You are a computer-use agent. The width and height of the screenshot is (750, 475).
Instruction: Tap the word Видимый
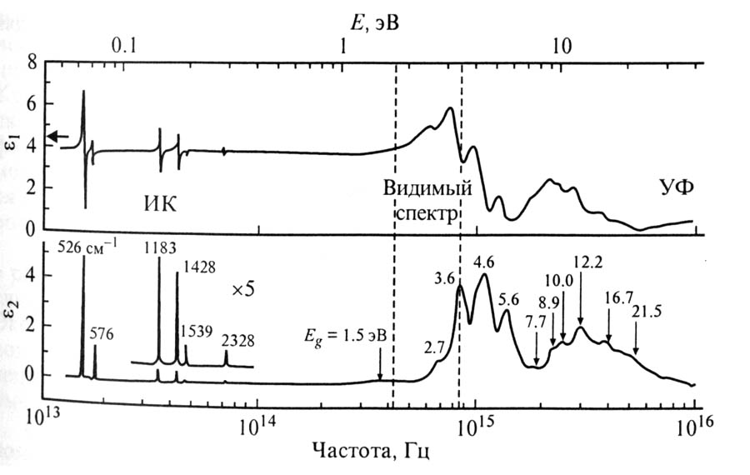[427, 187]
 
